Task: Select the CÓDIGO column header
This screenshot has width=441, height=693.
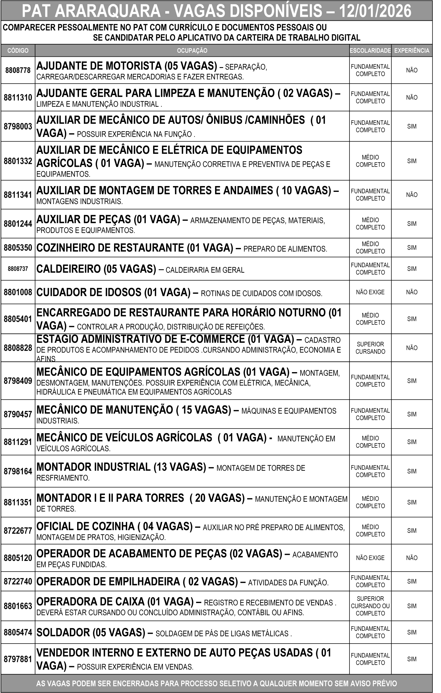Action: point(18,51)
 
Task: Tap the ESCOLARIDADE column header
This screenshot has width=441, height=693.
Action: point(370,51)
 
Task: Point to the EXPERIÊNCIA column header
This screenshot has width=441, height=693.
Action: point(412,51)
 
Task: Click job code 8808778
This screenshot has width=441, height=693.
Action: point(18,70)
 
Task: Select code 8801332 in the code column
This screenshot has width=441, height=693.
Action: point(18,161)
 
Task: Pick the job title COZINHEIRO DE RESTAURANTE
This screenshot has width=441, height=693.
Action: point(110,248)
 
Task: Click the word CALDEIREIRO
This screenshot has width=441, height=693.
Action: point(68,269)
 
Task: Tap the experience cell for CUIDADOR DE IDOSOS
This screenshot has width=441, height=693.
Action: point(412,292)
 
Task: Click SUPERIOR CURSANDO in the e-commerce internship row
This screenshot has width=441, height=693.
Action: point(370,348)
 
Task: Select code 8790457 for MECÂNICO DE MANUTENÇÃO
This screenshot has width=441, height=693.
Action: point(18,414)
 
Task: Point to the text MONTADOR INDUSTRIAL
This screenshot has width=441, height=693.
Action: point(93,467)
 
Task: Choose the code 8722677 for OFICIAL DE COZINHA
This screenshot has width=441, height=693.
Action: point(18,531)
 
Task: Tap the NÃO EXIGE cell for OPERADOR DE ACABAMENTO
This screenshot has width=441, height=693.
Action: point(370,558)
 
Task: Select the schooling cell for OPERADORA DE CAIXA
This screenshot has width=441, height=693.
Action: point(370,606)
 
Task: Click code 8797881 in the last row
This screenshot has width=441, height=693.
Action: point(18,659)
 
